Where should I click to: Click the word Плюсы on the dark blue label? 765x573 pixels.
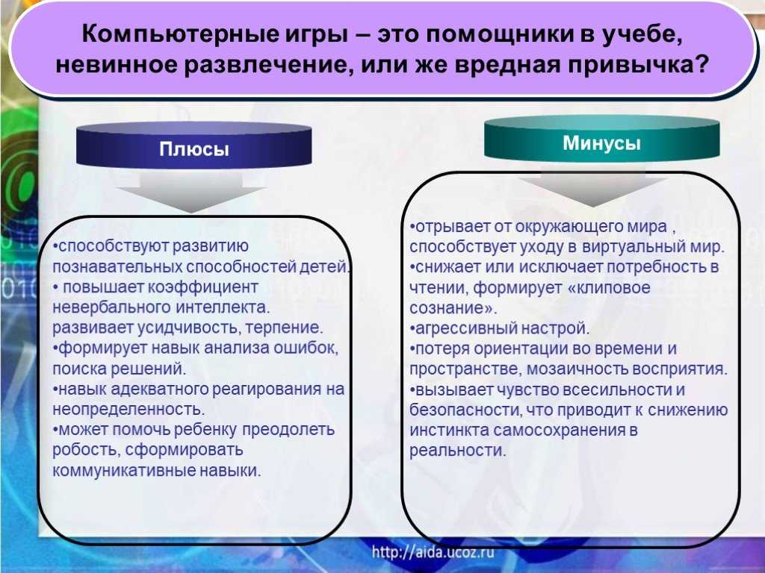pyautogui.click(x=193, y=149)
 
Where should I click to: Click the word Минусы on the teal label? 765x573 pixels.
pyautogui.click(x=601, y=143)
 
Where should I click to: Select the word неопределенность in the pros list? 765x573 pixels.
pyautogui.click(x=128, y=410)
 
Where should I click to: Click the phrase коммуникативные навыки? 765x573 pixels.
pyautogui.click(x=157, y=471)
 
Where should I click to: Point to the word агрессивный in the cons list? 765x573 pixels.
pyautogui.click(x=456, y=328)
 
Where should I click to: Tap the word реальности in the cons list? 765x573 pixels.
pyautogui.click(x=457, y=450)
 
